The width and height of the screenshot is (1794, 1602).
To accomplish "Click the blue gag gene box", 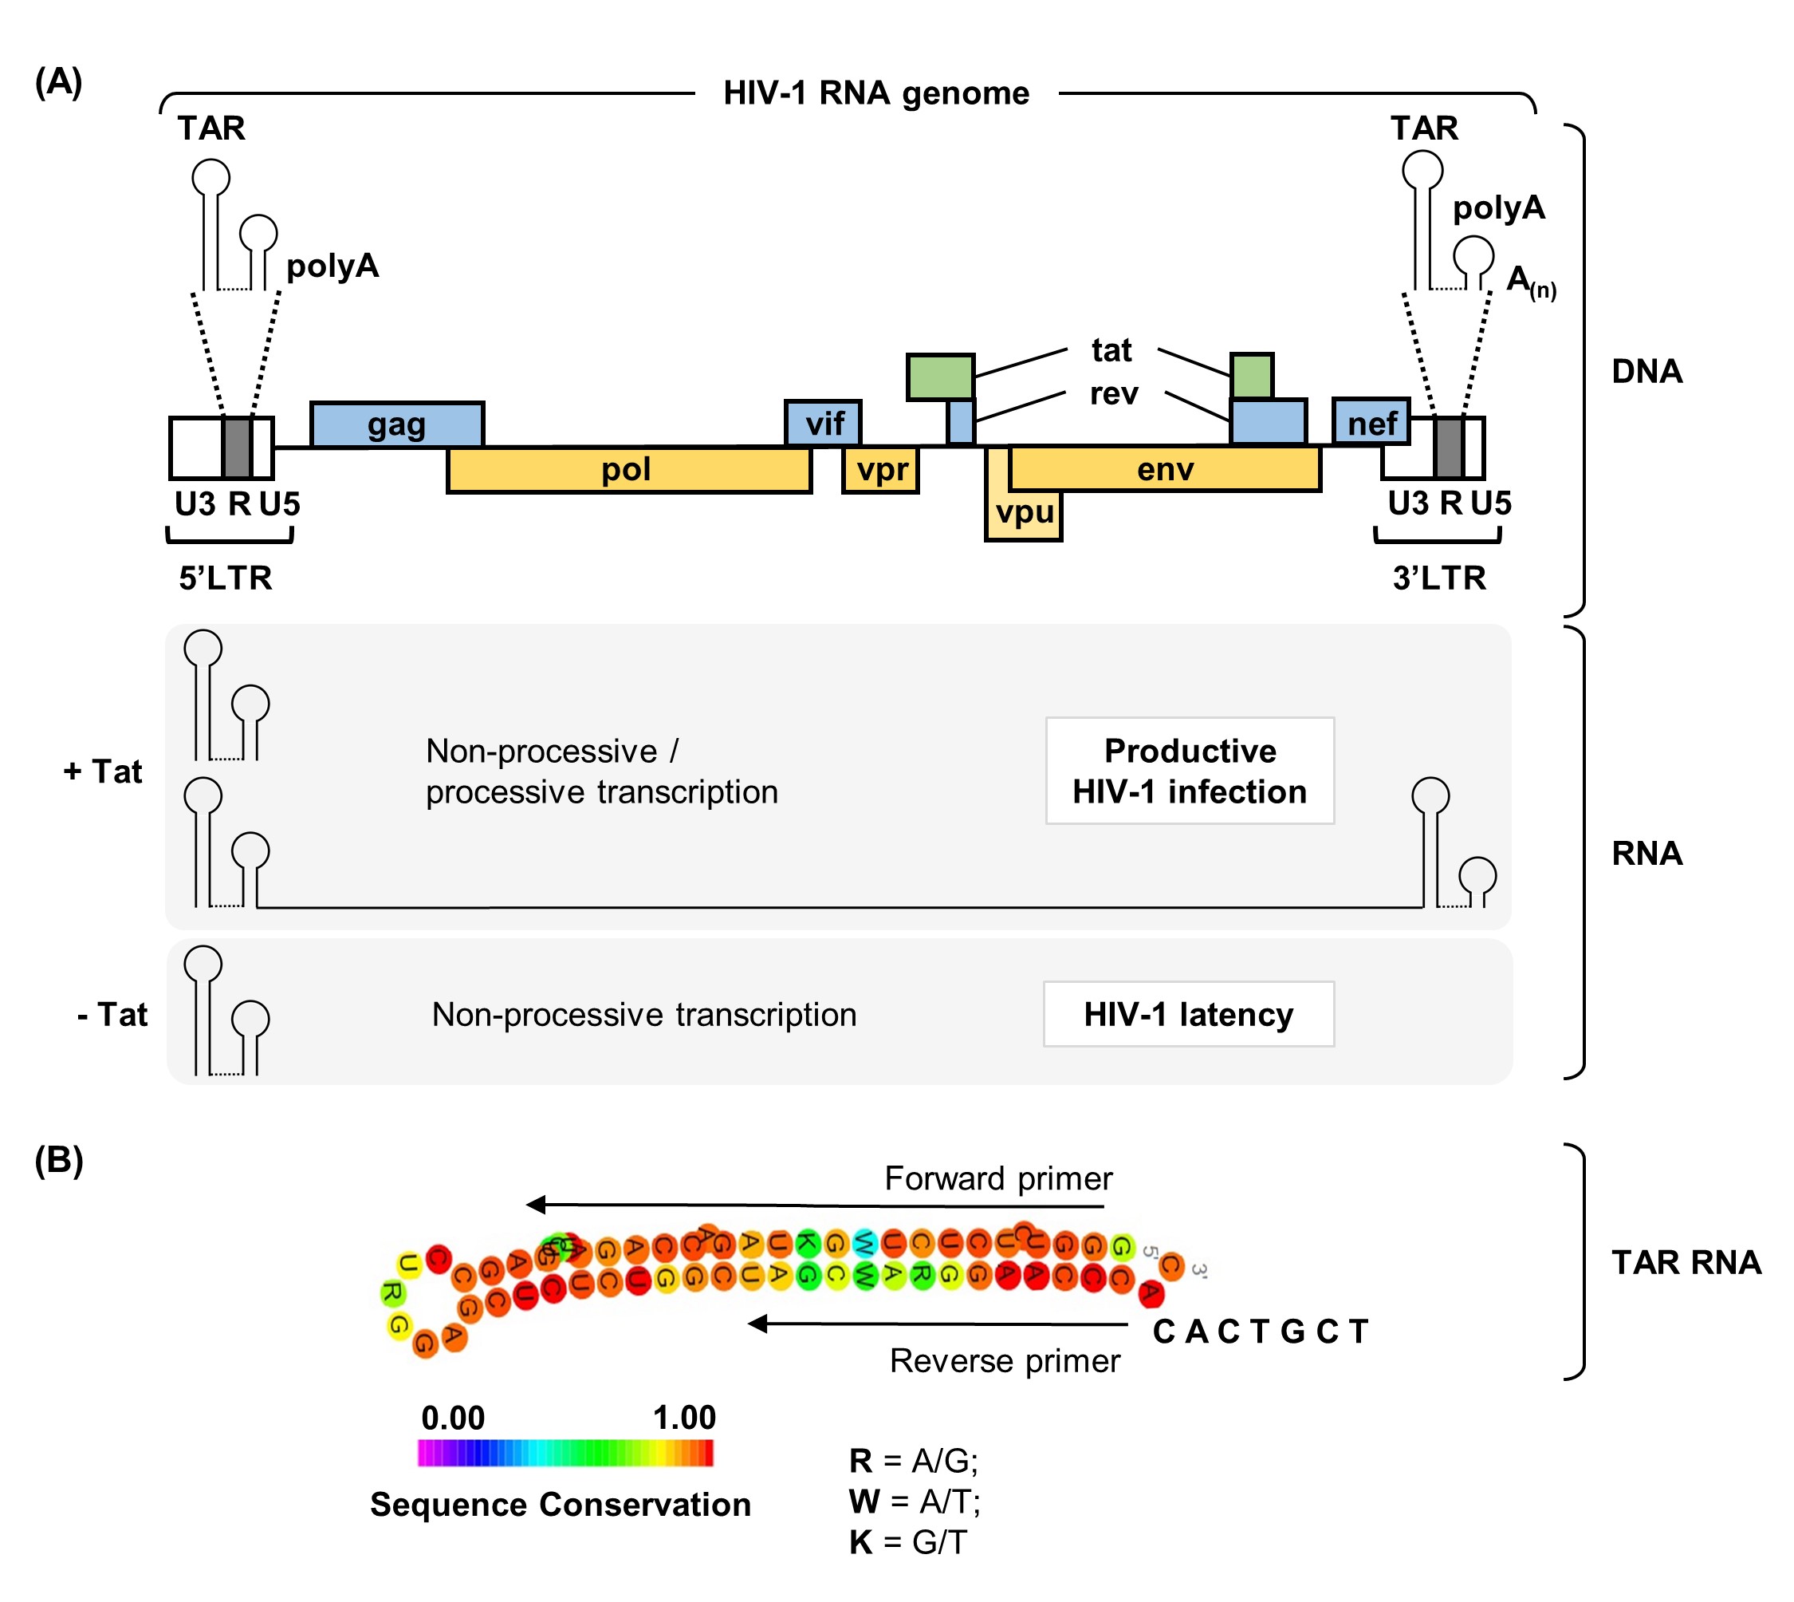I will click(x=397, y=425).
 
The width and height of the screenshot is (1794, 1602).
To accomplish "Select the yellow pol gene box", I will click(x=628, y=470).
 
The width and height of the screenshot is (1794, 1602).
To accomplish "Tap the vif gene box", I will click(x=824, y=424).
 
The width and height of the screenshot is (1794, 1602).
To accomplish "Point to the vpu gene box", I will click(x=1023, y=515).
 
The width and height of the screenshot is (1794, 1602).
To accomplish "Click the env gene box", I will click(x=1165, y=469).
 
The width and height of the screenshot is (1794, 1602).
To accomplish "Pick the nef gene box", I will click(x=1371, y=424).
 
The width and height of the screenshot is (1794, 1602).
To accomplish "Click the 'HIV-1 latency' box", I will click(x=1189, y=1015).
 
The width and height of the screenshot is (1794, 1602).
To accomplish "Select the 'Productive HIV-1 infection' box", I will click(x=1190, y=771).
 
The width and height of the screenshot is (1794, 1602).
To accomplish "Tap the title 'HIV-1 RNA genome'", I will click(x=876, y=93).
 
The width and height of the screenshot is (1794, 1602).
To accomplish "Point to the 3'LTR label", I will click(x=1439, y=578).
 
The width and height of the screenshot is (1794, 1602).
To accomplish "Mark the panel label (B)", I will click(x=59, y=1161).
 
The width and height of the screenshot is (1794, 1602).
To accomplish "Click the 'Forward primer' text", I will click(x=997, y=1178).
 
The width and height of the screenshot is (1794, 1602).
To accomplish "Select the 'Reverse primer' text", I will click(x=1005, y=1361).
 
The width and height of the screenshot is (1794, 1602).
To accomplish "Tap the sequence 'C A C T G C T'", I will click(x=1260, y=1332).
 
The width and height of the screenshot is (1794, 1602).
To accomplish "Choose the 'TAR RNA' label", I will click(x=1686, y=1262).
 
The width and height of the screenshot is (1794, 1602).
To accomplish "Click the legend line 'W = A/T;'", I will click(x=915, y=1501).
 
